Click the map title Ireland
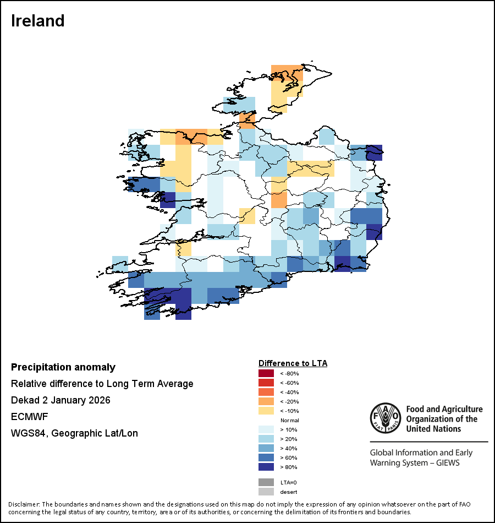(38, 21)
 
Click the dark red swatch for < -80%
(266, 373)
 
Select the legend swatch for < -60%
(266, 383)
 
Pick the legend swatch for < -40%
(266, 392)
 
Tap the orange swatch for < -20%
(266, 401)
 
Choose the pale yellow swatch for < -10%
(266, 411)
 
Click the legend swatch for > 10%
(266, 429)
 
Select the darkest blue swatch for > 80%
(266, 467)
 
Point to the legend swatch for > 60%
(266, 457)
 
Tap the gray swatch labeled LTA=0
(266, 482)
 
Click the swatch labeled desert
(266, 492)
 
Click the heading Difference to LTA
(293, 363)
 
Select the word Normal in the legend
(290, 420)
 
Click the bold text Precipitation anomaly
(63, 367)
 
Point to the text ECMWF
(29, 417)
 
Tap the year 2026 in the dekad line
(99, 400)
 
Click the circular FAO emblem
(385, 418)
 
